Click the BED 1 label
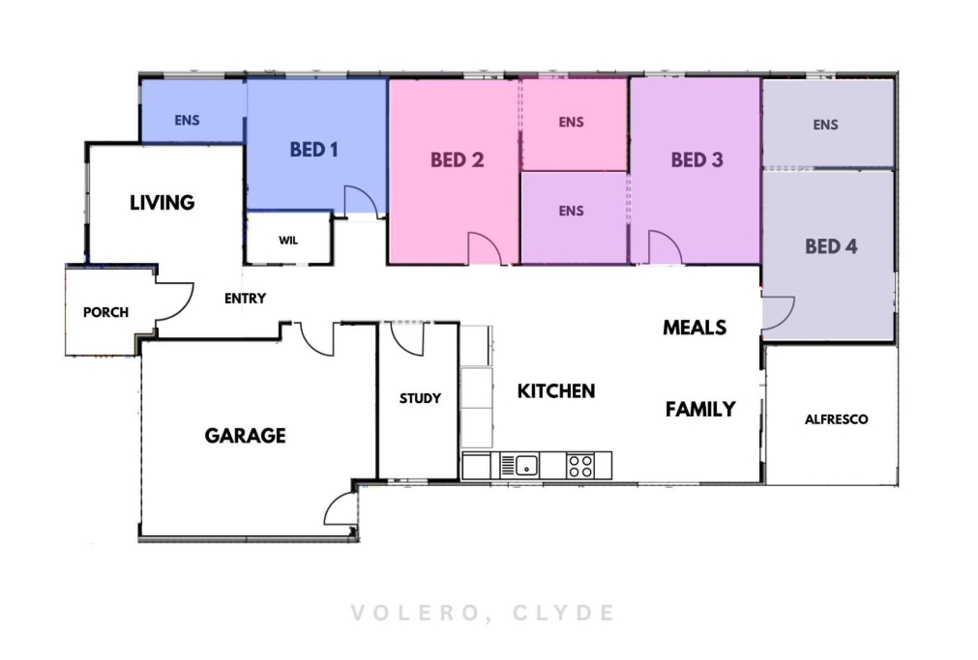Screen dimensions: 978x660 pos(313,150)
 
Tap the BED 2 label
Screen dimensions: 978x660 pos(458,160)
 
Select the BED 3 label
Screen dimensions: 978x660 pos(697,160)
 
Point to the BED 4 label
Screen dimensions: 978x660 pos(831,246)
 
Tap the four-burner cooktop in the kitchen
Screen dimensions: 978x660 pos(580,466)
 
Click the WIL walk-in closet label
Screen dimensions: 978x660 pos(288,240)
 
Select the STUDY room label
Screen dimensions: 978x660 pos(421,398)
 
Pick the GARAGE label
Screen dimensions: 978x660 pos(245,436)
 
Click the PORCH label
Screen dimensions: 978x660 pos(106,312)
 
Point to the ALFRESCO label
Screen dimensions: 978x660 pos(837,419)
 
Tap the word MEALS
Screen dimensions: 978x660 pos(695,328)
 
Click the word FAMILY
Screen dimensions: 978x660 pos(700,410)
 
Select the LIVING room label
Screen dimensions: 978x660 pos(163,203)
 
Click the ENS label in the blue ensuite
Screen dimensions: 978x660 pos(187,120)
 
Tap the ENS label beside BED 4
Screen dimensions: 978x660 pos(826,125)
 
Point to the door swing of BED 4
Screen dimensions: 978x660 pos(787,318)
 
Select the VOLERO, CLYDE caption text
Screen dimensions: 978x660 pos(484,613)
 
